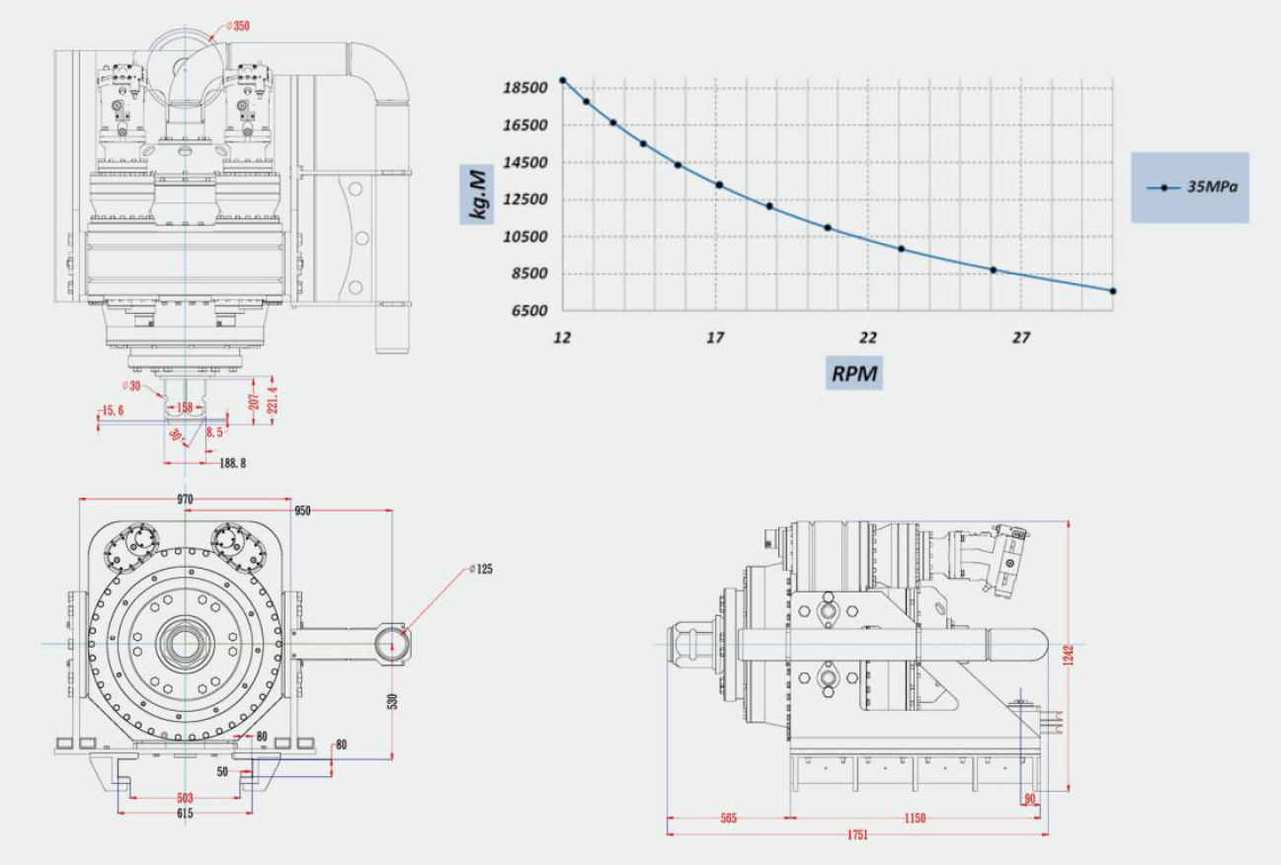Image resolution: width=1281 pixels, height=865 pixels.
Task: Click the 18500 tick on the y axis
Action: click(x=524, y=88)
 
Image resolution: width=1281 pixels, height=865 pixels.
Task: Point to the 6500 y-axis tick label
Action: click(x=527, y=311)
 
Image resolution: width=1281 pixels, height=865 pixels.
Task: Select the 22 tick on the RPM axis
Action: click(x=868, y=339)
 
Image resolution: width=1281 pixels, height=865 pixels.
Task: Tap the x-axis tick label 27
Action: click(x=1021, y=339)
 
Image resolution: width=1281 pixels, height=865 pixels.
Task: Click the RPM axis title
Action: click(x=854, y=374)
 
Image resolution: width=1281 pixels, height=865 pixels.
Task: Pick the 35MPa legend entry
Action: click(x=1190, y=187)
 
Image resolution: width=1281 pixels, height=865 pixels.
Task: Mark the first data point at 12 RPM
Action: click(x=563, y=81)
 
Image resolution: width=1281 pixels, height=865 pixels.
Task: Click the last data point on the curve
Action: click(x=1113, y=291)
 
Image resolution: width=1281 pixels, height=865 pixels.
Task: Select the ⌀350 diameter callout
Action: click(x=237, y=26)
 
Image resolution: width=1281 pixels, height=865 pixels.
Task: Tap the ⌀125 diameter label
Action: click(x=483, y=569)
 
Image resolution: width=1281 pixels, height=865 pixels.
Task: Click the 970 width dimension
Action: click(x=185, y=500)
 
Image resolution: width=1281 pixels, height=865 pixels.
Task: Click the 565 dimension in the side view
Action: click(x=729, y=819)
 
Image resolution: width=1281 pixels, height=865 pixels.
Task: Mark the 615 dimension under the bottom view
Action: click(x=185, y=814)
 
